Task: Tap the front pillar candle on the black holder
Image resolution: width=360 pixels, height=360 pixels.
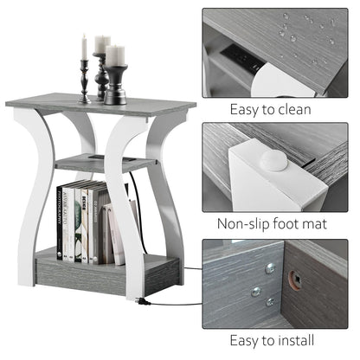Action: pos(114,57)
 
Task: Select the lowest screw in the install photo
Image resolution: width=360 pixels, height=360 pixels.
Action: pos(271,301)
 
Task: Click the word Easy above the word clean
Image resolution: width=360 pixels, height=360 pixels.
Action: pos(247,110)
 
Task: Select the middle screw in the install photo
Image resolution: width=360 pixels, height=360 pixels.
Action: pos(257,291)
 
